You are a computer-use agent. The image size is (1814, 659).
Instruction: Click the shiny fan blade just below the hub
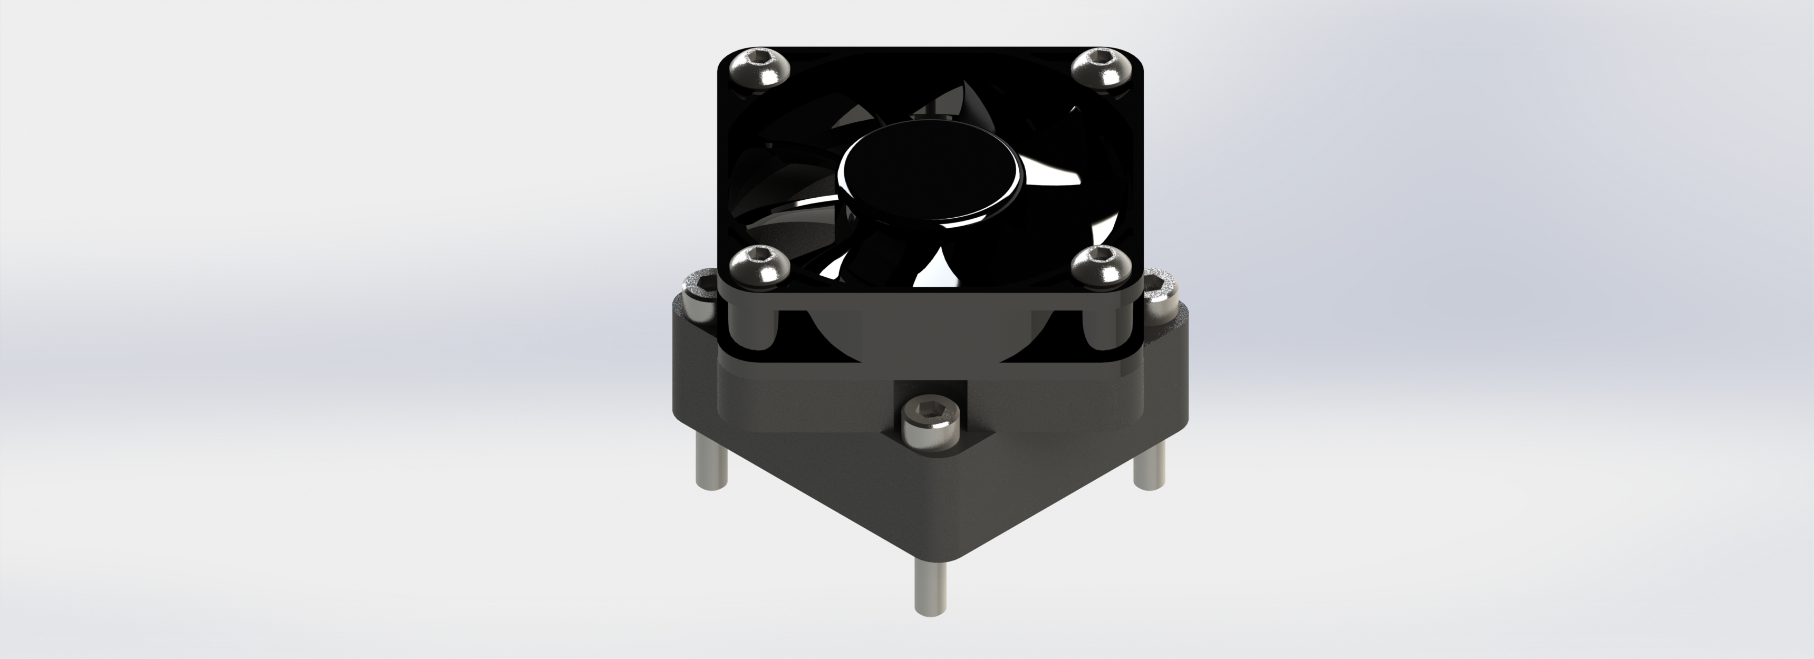(937, 271)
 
